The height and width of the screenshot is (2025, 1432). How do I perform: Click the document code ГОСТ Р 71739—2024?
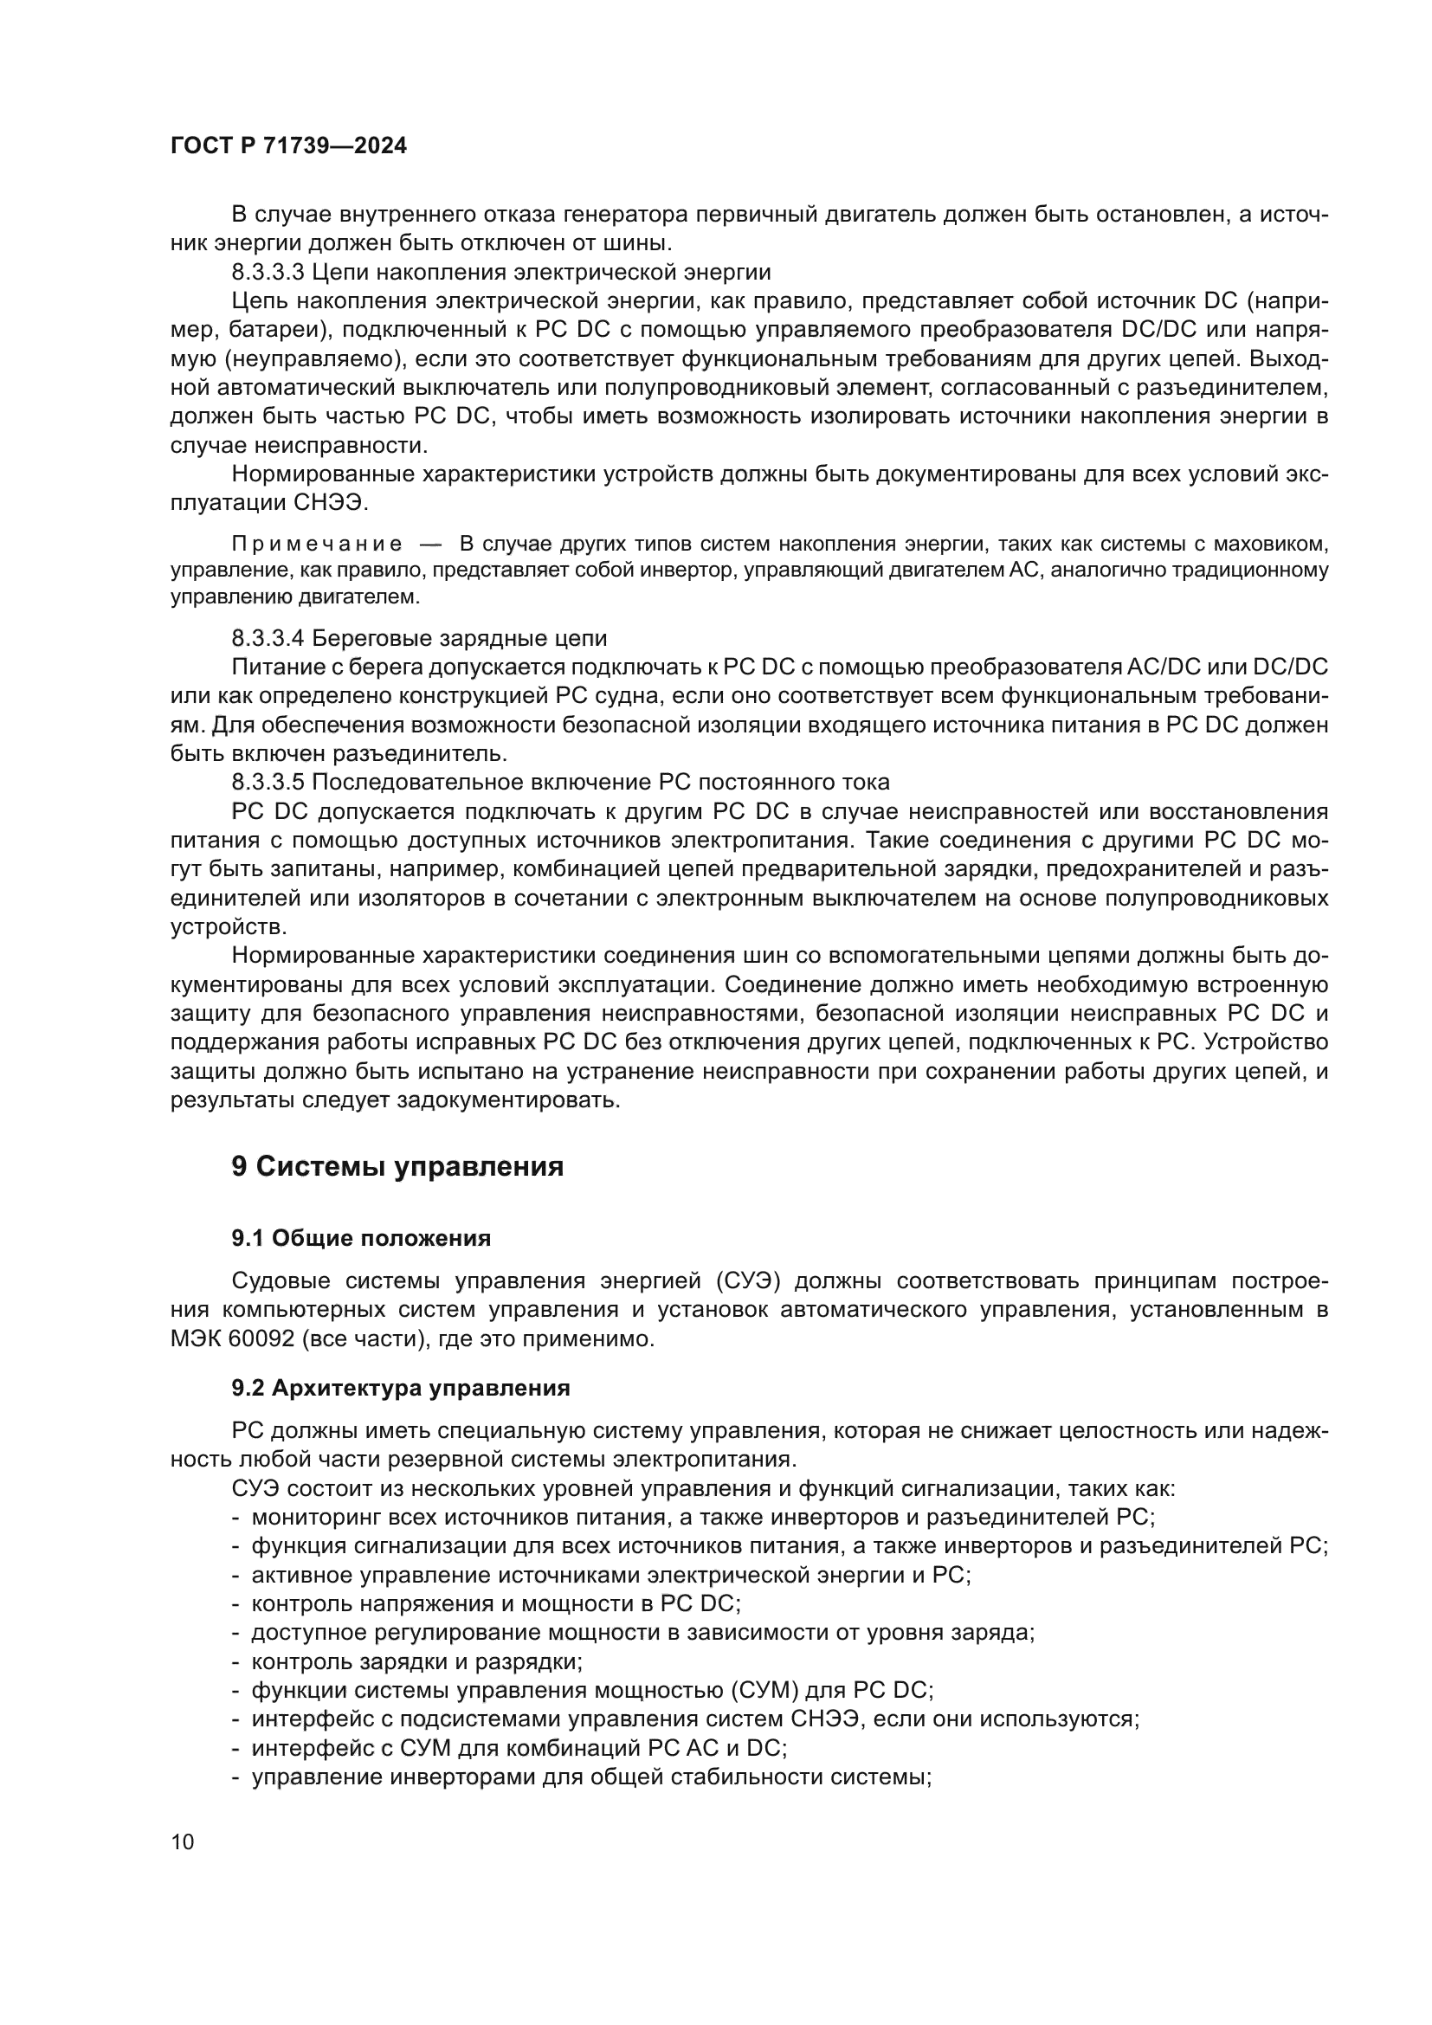click(x=288, y=146)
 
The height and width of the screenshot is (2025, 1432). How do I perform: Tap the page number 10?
click(x=183, y=1841)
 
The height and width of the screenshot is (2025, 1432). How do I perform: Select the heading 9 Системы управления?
click(x=397, y=1166)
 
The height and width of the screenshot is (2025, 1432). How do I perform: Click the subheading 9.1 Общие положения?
click(x=361, y=1238)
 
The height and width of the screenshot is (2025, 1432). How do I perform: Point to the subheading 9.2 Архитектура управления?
click(x=400, y=1387)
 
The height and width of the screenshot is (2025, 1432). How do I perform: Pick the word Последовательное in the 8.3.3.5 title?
click(x=405, y=783)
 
